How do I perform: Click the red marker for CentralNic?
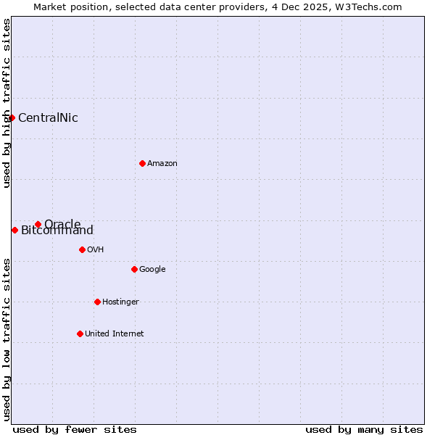click(12, 117)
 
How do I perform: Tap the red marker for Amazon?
click(142, 163)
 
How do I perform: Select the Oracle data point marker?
click(38, 224)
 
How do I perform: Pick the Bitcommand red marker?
click(14, 230)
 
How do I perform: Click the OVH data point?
click(82, 249)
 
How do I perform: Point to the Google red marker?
click(134, 269)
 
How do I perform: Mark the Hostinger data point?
click(97, 302)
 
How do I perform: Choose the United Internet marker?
click(80, 333)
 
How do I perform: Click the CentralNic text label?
click(48, 118)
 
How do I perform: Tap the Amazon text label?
click(162, 164)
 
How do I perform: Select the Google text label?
click(152, 270)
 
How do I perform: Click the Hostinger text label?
click(120, 302)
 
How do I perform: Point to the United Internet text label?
click(115, 334)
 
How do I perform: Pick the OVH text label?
click(96, 250)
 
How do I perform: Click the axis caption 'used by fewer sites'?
click(75, 429)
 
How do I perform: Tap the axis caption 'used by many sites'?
click(364, 429)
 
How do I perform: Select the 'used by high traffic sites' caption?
click(7, 103)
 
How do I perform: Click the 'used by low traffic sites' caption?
click(7, 339)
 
